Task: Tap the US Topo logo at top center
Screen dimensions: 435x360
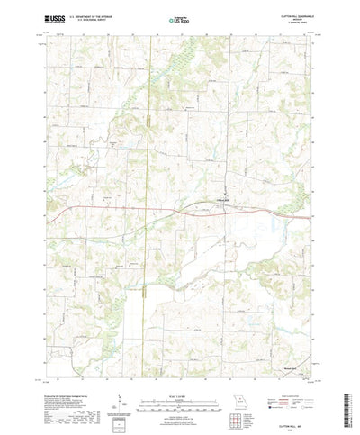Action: pyautogui.click(x=179, y=17)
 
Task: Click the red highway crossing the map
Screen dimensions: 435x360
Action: pyautogui.click(x=135, y=210)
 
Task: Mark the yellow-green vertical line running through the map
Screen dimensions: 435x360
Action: pyautogui.click(x=147, y=270)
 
